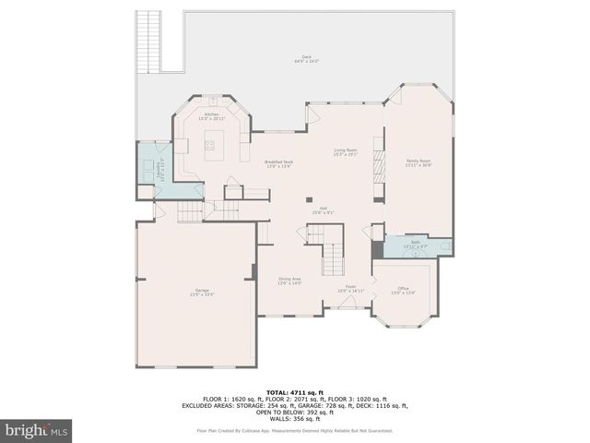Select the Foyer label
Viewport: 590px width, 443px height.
point(351,288)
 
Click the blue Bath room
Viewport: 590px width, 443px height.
point(415,245)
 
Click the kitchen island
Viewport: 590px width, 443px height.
point(212,144)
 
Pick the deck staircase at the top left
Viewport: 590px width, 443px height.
point(148,41)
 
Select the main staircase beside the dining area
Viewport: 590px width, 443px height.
point(330,252)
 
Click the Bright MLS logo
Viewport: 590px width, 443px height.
point(37,430)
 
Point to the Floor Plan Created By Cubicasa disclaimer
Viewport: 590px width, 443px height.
point(295,430)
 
